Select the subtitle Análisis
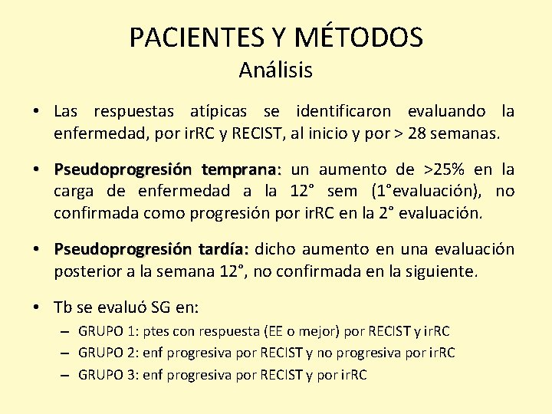275,71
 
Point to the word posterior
85,271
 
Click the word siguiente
445,271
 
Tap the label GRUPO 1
107,331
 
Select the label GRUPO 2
107,353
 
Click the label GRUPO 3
107,375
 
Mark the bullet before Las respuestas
37,112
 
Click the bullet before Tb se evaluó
37,307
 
